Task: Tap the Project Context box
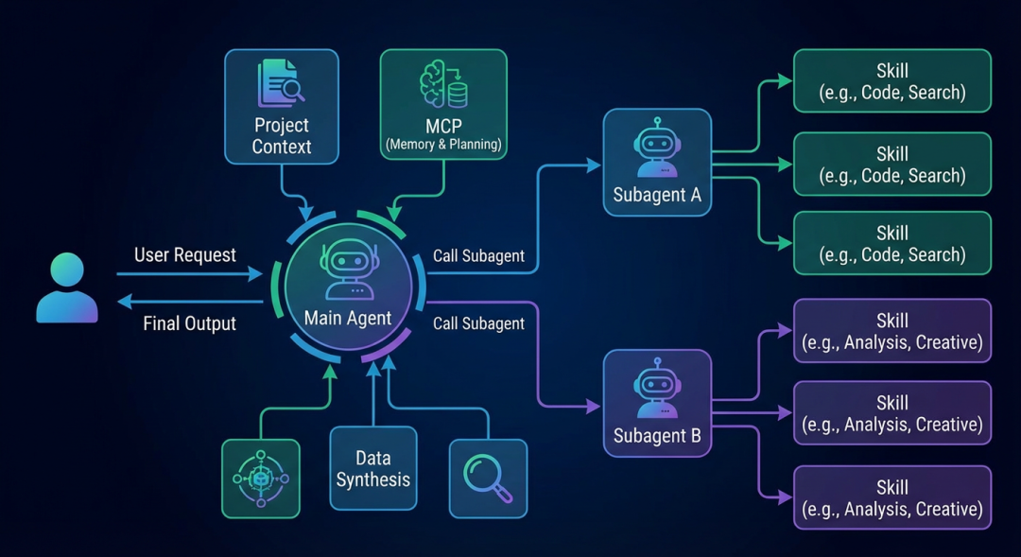point(281,107)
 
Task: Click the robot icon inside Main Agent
point(348,269)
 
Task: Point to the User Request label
point(185,254)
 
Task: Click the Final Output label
point(189,323)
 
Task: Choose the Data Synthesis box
point(373,471)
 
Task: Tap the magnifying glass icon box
point(488,478)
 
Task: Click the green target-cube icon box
point(260,478)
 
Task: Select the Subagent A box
point(657,162)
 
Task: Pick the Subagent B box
point(657,403)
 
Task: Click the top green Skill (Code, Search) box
point(891,81)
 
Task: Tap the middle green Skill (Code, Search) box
point(891,164)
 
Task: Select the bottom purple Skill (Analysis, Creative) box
point(891,497)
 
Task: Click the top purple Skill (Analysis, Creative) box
point(891,331)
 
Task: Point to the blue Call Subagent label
point(478,256)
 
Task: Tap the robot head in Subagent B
point(657,386)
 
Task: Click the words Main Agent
point(348,319)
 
